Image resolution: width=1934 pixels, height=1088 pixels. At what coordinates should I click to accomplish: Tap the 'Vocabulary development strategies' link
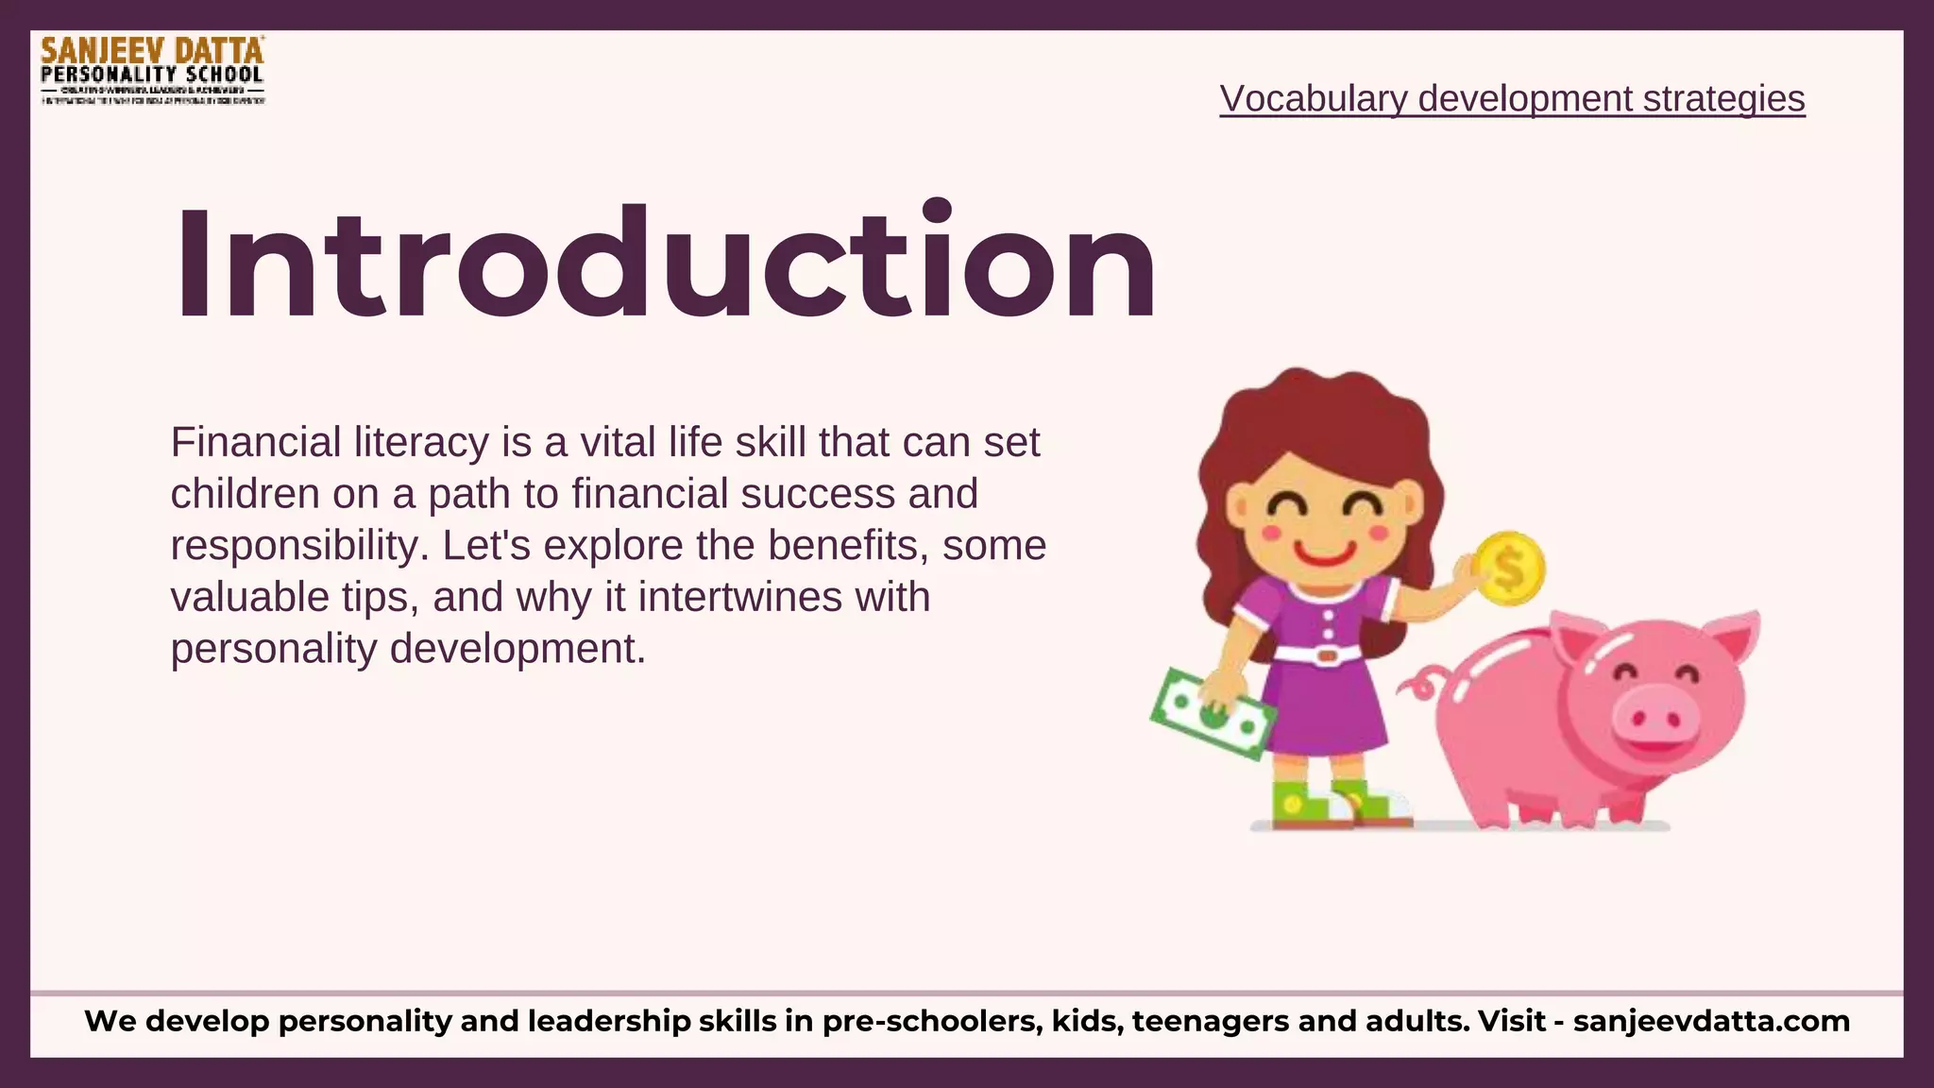pos(1512,98)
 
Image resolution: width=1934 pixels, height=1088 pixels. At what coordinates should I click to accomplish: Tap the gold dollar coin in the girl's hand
pos(1509,569)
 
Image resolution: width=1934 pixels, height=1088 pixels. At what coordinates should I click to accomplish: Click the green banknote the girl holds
pos(1211,714)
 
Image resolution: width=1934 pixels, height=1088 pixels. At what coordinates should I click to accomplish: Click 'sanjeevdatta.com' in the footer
pos(1711,1021)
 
